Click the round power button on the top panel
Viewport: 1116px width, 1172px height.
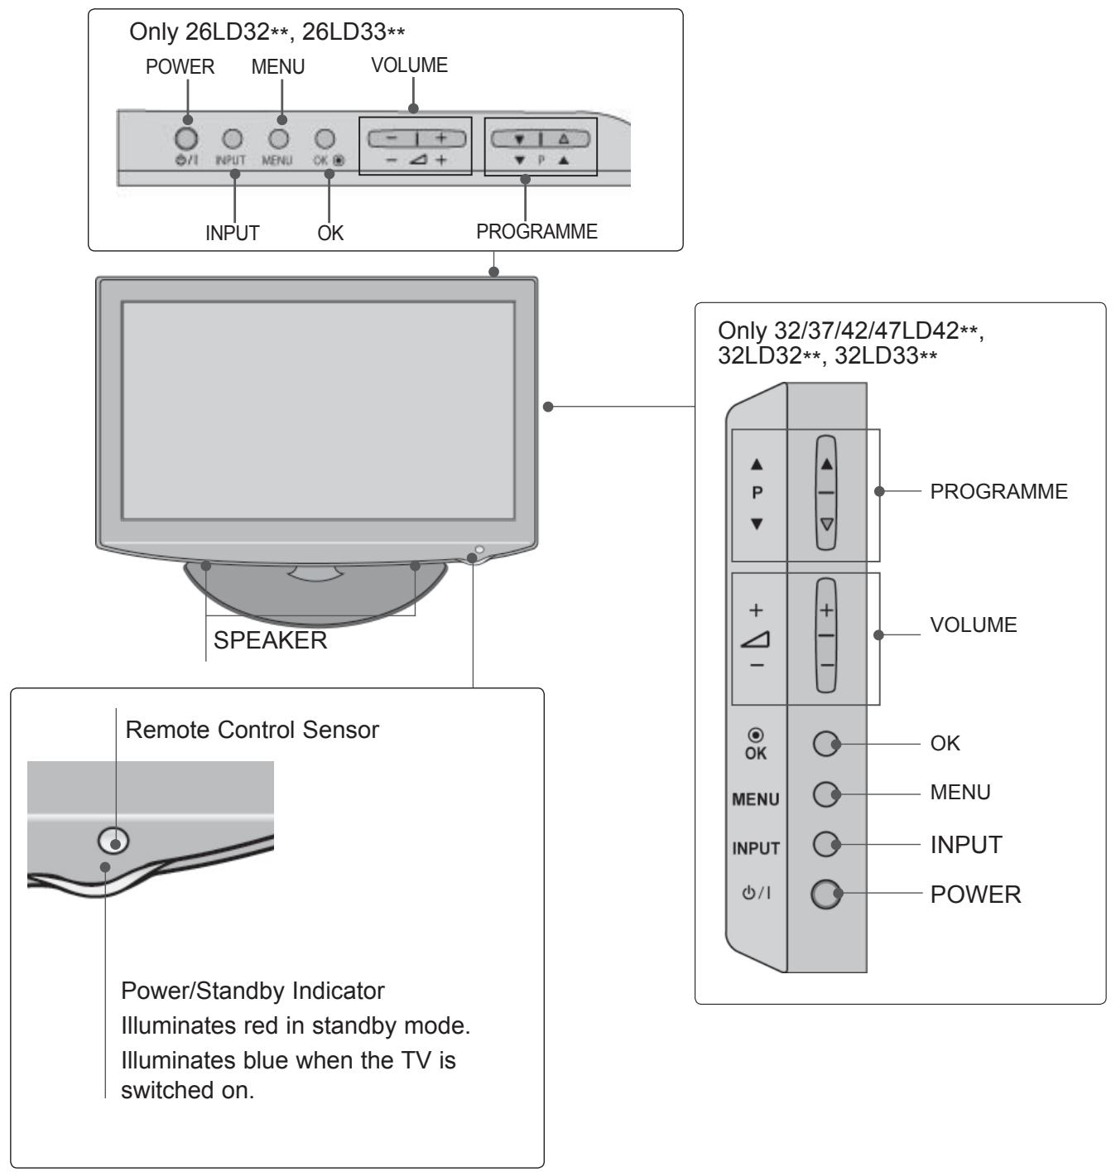pyautogui.click(x=186, y=138)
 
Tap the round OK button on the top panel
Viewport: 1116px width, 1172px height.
pyautogui.click(x=325, y=139)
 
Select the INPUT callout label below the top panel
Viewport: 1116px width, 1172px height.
pyautogui.click(x=233, y=233)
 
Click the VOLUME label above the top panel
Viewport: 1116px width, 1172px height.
pyautogui.click(x=409, y=65)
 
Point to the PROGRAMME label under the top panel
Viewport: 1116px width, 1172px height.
pyautogui.click(x=536, y=231)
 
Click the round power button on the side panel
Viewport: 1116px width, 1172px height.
pyautogui.click(x=826, y=894)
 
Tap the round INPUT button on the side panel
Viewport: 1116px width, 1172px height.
pyautogui.click(x=826, y=844)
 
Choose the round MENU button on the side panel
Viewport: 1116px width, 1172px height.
pyautogui.click(x=826, y=794)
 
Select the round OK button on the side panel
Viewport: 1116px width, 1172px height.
pyautogui.click(x=826, y=744)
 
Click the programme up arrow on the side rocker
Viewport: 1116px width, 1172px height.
pyautogui.click(x=826, y=464)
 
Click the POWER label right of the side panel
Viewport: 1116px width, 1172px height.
pyautogui.click(x=975, y=895)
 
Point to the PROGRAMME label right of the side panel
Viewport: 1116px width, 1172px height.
pyautogui.click(x=998, y=491)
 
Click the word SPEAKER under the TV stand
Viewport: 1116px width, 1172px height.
pyautogui.click(x=270, y=640)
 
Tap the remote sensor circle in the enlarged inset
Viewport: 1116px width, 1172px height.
pyautogui.click(x=113, y=841)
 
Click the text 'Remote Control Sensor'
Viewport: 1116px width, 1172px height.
pyautogui.click(x=252, y=730)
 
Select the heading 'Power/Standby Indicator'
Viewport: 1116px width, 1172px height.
pyautogui.click(x=253, y=991)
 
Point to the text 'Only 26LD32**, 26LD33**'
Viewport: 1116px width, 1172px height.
pyautogui.click(x=267, y=32)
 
